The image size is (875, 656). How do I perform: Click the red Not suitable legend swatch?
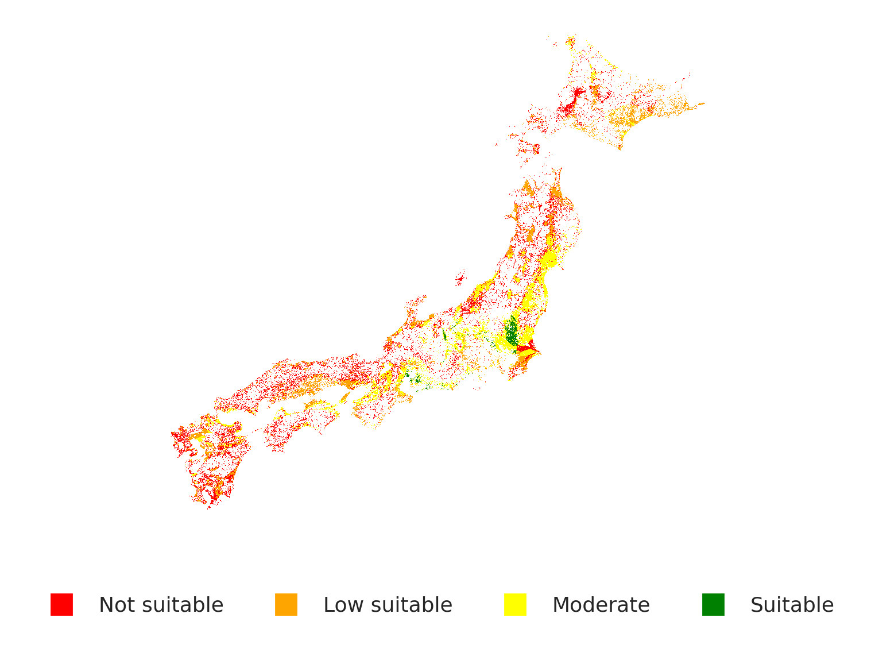[61, 604]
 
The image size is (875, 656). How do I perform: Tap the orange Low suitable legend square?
[286, 604]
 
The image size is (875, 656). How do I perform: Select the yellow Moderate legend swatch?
[515, 604]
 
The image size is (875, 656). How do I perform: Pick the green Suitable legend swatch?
[713, 604]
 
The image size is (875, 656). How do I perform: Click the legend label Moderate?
[601, 605]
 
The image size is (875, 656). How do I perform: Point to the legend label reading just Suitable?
[792, 605]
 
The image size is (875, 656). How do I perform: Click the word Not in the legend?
[117, 605]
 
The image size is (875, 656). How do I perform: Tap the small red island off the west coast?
[459, 279]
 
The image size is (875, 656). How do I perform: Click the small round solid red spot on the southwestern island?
[220, 446]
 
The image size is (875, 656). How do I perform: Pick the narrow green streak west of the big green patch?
[444, 334]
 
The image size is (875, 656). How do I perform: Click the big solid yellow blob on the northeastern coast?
[549, 258]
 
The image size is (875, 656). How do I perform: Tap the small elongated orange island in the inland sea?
[344, 397]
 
